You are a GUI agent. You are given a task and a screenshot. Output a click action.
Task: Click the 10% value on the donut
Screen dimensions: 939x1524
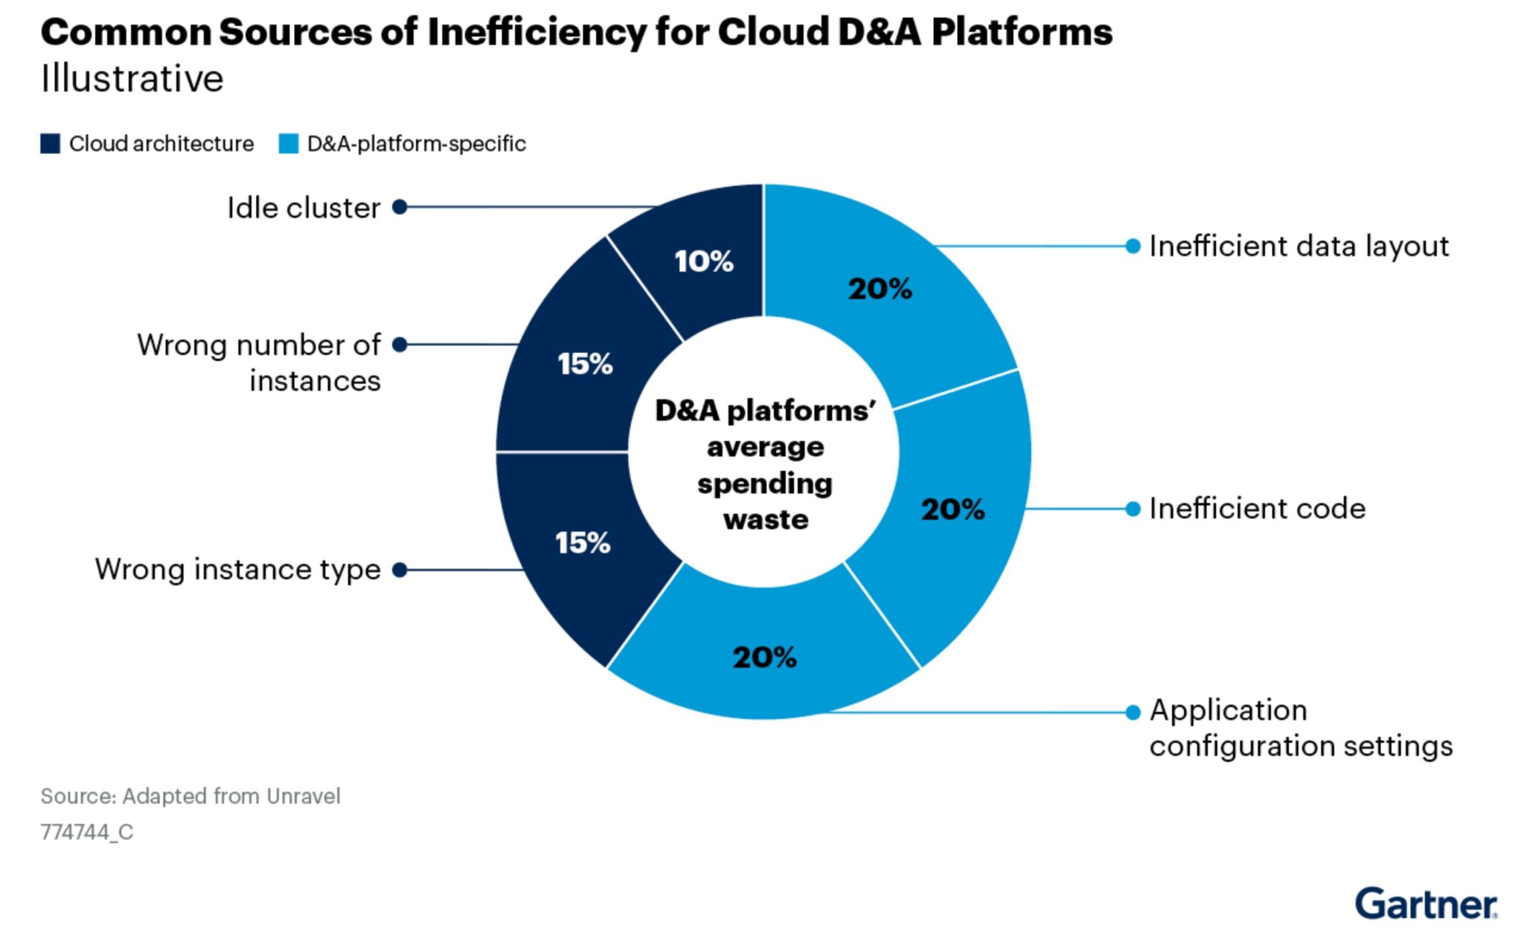pos(704,261)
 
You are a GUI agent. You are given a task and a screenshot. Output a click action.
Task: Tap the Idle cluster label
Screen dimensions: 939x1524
pos(304,208)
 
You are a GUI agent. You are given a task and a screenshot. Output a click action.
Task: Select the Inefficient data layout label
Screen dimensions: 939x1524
pos(1299,246)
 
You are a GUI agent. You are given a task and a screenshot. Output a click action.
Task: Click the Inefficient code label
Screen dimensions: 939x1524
pos(1257,509)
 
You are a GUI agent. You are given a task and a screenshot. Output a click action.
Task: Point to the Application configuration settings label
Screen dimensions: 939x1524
pos(1300,728)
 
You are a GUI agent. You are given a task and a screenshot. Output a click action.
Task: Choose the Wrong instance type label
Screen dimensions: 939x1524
pos(237,570)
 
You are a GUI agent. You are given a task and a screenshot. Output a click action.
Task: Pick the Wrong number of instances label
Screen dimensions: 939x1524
pos(259,363)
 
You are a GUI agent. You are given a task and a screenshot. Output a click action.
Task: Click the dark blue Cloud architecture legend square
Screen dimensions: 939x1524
pos(50,144)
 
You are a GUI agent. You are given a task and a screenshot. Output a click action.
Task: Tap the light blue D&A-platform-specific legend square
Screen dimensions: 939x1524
pos(288,144)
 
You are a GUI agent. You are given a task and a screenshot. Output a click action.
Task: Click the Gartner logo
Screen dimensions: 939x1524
pos(1425,904)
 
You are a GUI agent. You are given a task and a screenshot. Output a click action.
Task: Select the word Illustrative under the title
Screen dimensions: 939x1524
pos(132,79)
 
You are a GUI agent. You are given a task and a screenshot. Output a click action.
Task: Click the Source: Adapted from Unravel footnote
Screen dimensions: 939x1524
pos(190,796)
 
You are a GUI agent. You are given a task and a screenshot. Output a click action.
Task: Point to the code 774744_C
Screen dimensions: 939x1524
pos(87,832)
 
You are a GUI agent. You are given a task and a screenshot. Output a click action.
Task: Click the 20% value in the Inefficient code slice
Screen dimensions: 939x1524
pos(952,510)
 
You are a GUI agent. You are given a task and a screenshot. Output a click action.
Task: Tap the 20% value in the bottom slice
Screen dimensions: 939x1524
pos(764,658)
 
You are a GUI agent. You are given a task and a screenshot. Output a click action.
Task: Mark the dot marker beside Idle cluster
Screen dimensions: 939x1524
pos(400,207)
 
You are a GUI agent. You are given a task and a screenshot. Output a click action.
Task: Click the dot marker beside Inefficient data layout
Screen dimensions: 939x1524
pos(1133,246)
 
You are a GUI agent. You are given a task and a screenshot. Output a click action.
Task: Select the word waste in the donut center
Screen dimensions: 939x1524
pos(765,519)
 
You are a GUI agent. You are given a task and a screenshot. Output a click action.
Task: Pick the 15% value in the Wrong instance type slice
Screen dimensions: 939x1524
pos(583,543)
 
